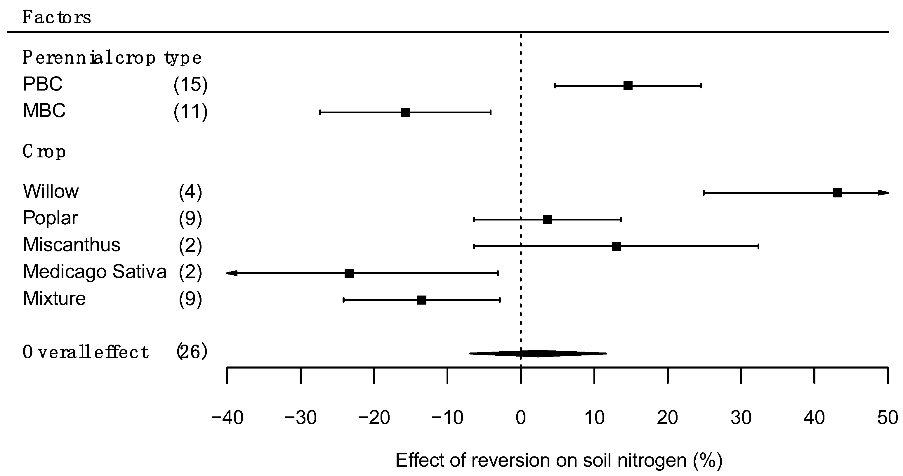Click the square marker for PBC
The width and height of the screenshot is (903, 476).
click(x=628, y=86)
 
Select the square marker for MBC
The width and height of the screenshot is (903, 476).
click(x=405, y=112)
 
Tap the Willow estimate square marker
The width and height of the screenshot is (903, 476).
click(x=838, y=193)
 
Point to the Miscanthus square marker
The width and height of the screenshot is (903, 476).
click(x=616, y=246)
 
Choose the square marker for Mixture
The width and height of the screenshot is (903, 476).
click(x=422, y=300)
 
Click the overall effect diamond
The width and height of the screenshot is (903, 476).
click(x=538, y=353)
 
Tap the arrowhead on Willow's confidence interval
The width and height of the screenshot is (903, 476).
click(x=884, y=193)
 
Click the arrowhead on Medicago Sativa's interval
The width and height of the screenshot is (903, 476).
click(x=232, y=273)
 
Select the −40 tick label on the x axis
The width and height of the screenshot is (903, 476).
click(x=228, y=418)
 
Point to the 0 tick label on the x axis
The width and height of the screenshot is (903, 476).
click(x=521, y=418)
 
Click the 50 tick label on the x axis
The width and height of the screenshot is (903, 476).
click(x=888, y=418)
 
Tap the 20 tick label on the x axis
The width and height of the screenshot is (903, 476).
click(x=667, y=418)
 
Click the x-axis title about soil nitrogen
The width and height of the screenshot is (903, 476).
click(x=559, y=460)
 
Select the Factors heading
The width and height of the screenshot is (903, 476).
click(x=57, y=17)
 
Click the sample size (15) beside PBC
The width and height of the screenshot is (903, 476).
click(x=190, y=85)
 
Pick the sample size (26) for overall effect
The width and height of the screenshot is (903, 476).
click(x=192, y=352)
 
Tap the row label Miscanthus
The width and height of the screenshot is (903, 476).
click(x=72, y=245)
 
